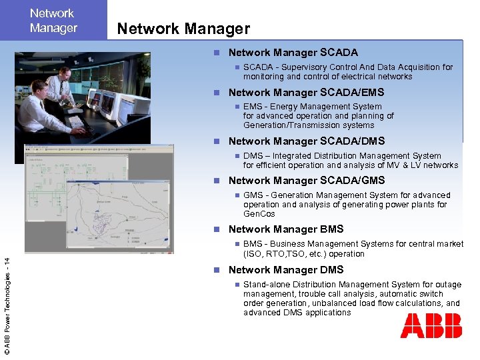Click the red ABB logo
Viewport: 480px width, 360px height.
[x=431, y=326]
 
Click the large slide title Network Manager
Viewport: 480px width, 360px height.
[x=183, y=29]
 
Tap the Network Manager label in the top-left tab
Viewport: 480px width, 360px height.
[x=53, y=21]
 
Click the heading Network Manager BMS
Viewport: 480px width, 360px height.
[x=286, y=229]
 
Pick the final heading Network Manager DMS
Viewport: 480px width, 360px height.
[x=286, y=270]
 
